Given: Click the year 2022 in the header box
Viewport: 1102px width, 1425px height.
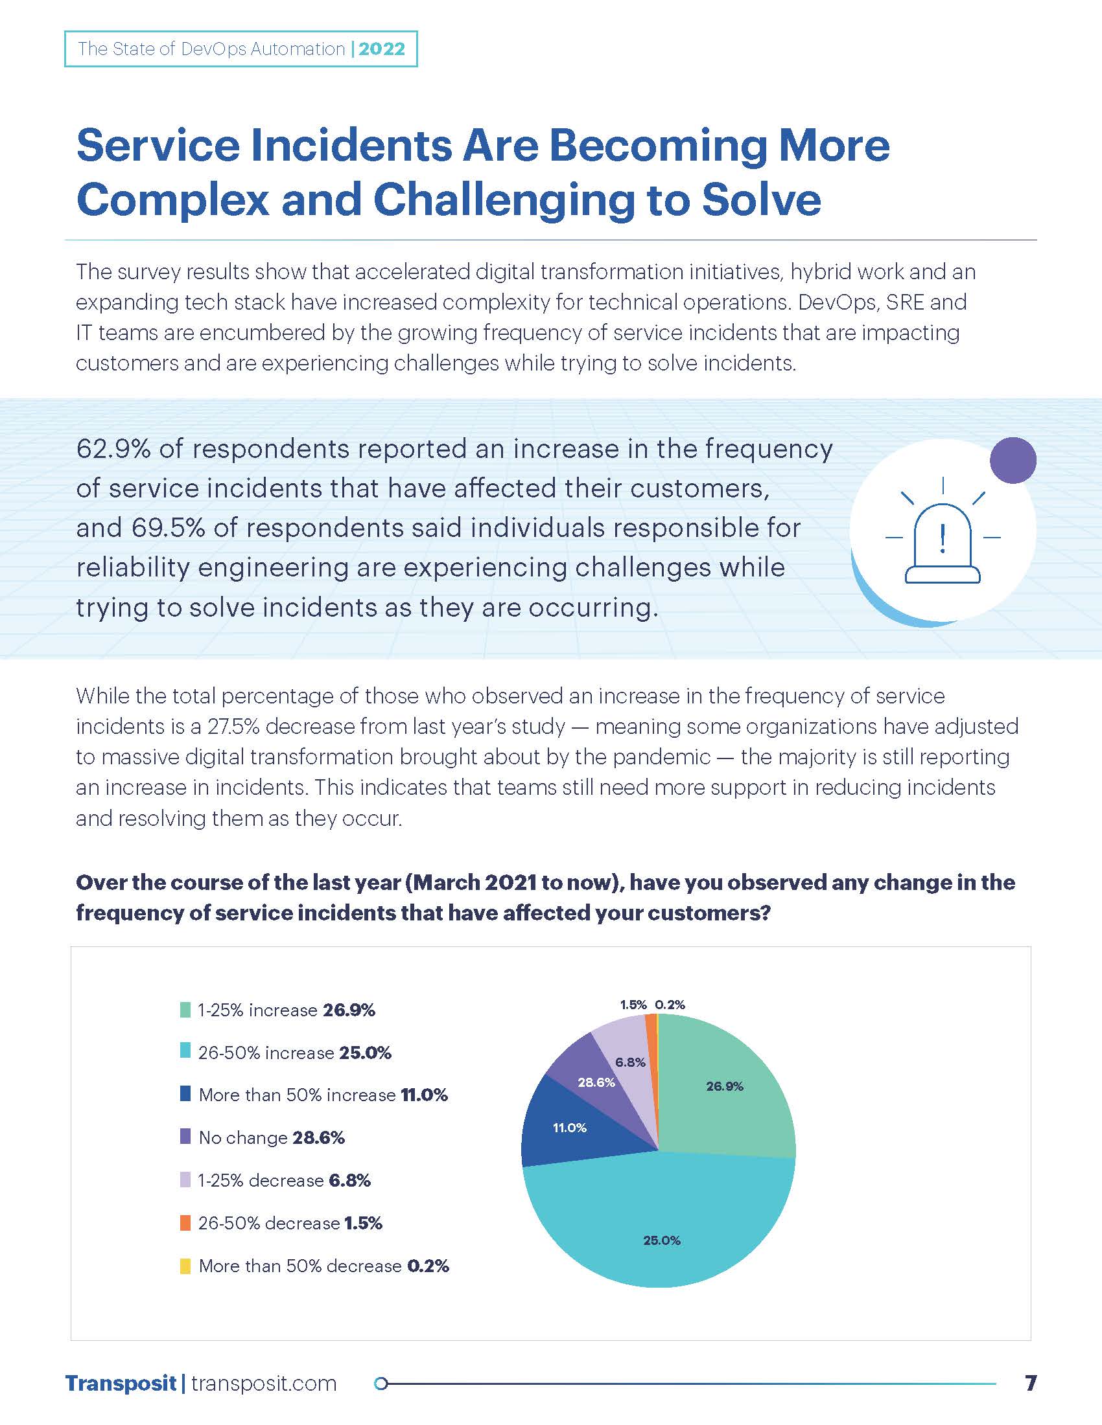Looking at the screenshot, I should tap(382, 49).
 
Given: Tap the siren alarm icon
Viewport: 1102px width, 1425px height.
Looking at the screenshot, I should tap(942, 543).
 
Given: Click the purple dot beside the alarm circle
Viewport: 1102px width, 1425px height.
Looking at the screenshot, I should tap(1013, 460).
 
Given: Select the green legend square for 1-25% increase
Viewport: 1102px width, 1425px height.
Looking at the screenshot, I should tap(185, 1010).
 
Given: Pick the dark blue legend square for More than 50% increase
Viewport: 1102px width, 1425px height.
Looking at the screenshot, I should tap(185, 1094).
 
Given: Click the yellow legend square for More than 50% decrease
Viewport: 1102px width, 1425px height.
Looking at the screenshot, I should tap(185, 1266).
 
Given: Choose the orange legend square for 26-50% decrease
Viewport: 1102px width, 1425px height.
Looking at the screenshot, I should tap(185, 1223).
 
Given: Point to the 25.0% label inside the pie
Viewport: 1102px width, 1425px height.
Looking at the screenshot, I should tap(661, 1240).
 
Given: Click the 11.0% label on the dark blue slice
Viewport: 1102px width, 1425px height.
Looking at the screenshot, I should tap(569, 1128).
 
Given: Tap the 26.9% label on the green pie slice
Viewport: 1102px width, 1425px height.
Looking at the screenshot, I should tap(725, 1086).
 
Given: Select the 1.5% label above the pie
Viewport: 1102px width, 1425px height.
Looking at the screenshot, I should tap(633, 1005).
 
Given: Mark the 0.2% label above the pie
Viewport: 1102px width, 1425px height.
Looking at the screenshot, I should tap(670, 1005).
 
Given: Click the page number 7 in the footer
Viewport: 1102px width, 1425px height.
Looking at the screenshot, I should tap(1031, 1384).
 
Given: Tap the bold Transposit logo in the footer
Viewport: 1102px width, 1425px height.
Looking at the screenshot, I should tap(121, 1384).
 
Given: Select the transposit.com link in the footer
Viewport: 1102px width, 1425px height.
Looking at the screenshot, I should tap(264, 1384).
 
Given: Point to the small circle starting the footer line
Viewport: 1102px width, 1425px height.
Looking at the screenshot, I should tap(382, 1384).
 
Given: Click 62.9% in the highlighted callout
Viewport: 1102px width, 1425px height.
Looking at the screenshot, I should tap(113, 449).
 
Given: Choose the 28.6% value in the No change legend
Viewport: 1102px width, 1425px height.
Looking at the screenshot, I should tap(318, 1137).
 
